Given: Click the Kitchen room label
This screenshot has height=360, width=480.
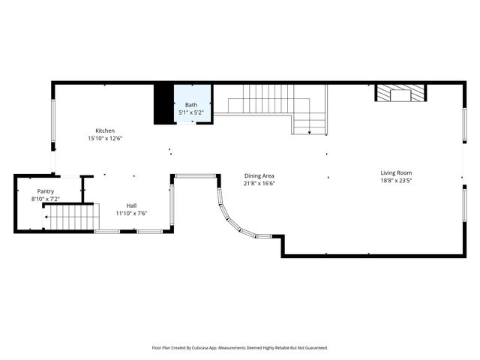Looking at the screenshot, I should tap(105, 130).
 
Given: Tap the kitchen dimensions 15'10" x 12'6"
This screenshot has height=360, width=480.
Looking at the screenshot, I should tap(105, 138).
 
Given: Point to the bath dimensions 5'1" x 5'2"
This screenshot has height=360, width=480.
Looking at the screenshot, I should tap(191, 112).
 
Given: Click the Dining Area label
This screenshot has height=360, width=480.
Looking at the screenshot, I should tap(259, 175).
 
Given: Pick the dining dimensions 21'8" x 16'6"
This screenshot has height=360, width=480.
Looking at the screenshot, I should tap(259, 183).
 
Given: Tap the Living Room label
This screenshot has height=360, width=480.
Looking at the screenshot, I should tap(396, 172).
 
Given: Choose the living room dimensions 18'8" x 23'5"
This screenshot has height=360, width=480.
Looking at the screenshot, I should tap(396, 180).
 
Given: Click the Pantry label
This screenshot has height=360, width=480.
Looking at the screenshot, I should tap(45, 191).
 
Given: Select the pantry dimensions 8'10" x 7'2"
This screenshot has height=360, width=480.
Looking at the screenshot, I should tap(45, 199).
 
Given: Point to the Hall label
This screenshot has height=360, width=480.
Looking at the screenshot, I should tap(131, 205).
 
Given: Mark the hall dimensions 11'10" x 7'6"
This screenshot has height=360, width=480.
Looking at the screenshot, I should tap(131, 213).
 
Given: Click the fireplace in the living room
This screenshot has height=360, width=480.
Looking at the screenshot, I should tap(401, 93).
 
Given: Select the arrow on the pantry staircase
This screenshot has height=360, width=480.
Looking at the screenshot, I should tap(46, 217).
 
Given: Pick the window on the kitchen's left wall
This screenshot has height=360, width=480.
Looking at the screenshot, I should tap(52, 120).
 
